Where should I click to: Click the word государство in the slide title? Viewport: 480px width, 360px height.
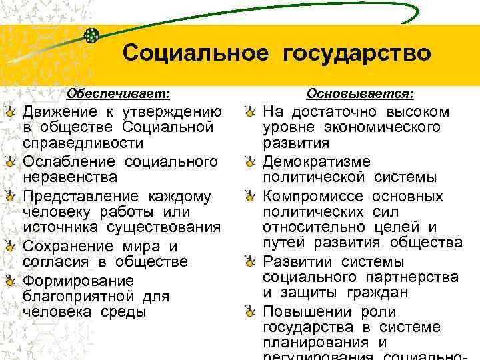357,53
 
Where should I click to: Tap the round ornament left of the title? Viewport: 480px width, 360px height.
93,35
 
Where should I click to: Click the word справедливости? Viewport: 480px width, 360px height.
83,143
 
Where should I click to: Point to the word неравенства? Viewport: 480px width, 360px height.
70,177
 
